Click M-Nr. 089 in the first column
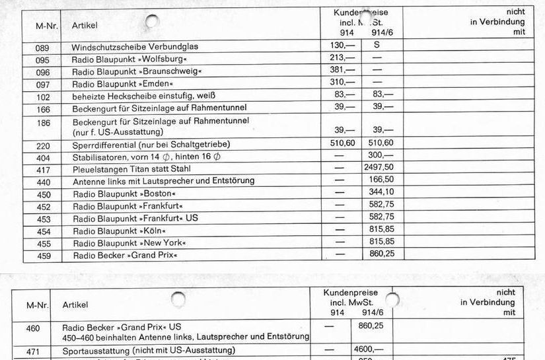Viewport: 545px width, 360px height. pyautogui.click(x=43, y=47)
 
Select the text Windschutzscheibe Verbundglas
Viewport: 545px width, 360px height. pyautogui.click(x=135, y=47)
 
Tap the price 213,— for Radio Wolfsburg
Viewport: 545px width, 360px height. pyautogui.click(x=342, y=58)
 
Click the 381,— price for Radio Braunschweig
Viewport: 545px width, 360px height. pyautogui.click(x=342, y=70)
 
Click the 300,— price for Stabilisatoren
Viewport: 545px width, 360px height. pyautogui.click(x=379, y=155)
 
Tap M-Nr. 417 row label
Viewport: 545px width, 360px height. pyautogui.click(x=44, y=168)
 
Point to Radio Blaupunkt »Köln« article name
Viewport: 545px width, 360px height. pyautogui.click(x=119, y=231)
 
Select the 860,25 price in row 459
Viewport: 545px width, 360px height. pyautogui.click(x=381, y=254)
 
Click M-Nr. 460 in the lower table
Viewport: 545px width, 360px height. pyautogui.click(x=33, y=328)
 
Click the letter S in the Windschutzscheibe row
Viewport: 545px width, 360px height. pyautogui.click(x=377, y=46)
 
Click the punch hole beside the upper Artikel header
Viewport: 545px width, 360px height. pyautogui.click(x=152, y=22)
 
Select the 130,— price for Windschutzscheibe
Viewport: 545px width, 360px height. pyautogui.click(x=342, y=46)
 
